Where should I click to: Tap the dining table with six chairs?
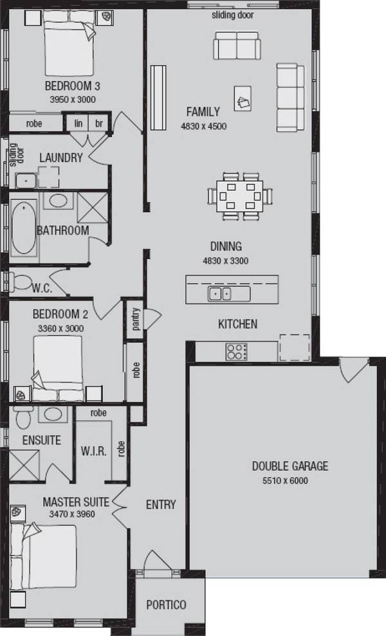click(236, 194)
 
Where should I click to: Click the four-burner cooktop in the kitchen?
click(236, 351)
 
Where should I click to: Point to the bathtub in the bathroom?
click(23, 228)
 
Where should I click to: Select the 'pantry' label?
click(136, 318)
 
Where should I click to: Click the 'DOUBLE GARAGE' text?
click(289, 466)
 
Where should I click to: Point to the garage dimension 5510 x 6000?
click(289, 480)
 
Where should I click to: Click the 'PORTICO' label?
click(166, 604)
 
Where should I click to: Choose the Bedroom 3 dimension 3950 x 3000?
click(72, 100)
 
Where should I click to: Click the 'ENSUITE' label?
click(41, 441)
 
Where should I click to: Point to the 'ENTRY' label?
click(161, 505)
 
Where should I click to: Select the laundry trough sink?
click(26, 181)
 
